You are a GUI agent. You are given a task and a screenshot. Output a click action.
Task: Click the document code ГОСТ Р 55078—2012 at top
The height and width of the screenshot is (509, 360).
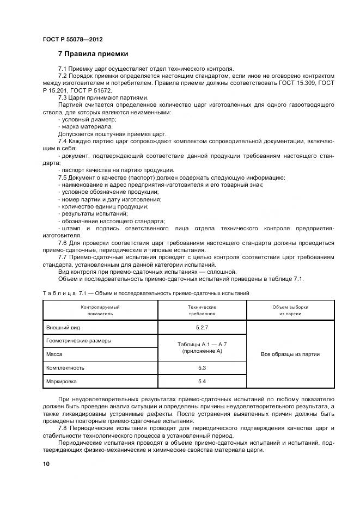[x=72, y=40]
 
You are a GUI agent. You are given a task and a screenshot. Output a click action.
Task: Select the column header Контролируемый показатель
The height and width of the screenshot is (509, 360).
[x=100, y=310]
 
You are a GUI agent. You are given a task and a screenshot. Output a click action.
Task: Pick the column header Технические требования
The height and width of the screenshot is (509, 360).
[x=202, y=310]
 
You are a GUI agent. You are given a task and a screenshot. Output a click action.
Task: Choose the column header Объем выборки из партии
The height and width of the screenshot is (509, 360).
[x=290, y=310]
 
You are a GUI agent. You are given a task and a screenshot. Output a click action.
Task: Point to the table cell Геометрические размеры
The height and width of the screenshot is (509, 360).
[x=80, y=341]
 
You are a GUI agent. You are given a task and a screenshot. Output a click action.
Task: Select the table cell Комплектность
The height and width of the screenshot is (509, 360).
[x=66, y=368]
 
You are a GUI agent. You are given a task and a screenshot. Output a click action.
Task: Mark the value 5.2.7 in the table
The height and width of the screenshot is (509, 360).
[x=202, y=327]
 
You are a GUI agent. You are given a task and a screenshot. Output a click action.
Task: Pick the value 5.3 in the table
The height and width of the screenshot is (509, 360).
[x=202, y=368]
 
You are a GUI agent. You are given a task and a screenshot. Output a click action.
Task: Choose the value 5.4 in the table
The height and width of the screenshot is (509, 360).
[x=202, y=382]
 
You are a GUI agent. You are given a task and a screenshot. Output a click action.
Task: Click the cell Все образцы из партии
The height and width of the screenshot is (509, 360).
[x=290, y=354]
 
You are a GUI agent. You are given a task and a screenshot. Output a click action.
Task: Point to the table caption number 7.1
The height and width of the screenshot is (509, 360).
[x=85, y=293]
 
